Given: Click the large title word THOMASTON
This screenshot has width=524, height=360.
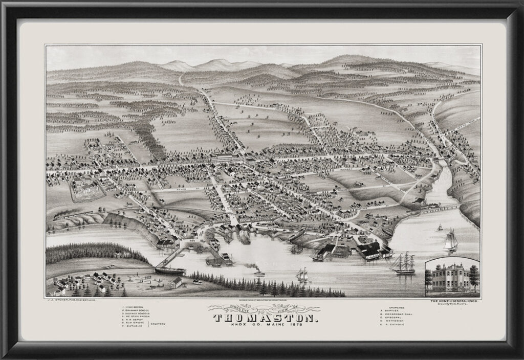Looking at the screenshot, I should point(262,318).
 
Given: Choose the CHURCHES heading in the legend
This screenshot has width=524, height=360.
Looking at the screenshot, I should point(391,307).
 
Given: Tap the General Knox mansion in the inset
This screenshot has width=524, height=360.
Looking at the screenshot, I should point(450,278).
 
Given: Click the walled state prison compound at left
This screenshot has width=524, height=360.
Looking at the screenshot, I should point(88,188).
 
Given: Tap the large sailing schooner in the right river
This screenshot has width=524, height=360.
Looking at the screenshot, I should point(451,241).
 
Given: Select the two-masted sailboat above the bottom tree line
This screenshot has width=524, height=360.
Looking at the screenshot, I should point(302,275).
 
